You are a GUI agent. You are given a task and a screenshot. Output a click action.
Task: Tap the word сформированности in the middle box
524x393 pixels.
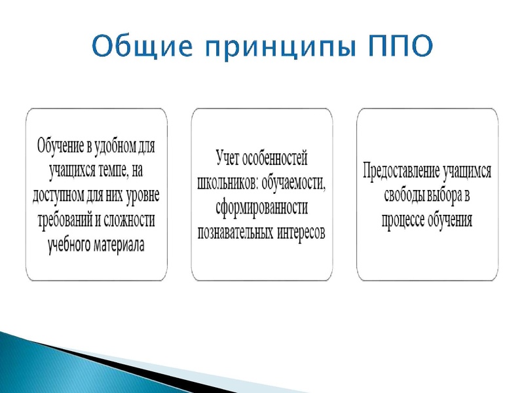[x=261, y=206]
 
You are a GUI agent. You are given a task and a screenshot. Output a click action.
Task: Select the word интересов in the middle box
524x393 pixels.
[x=305, y=231]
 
